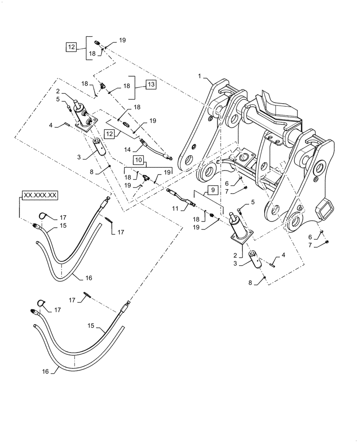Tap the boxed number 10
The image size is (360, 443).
coord(139,159)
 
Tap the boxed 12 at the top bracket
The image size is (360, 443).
coord(71,47)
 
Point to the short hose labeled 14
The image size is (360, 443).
coord(156,149)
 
